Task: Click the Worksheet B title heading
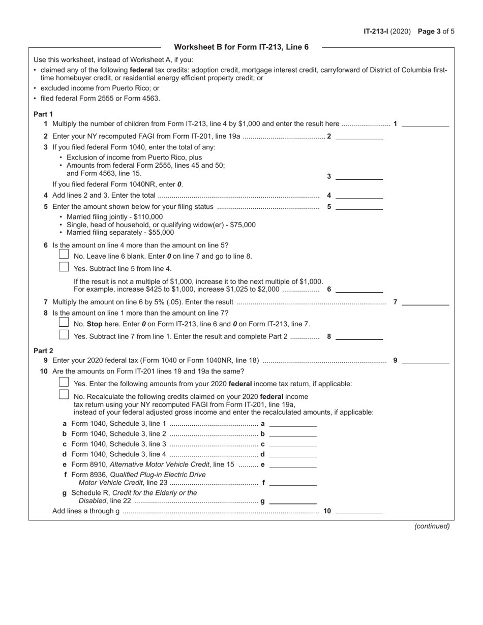coord(241,47)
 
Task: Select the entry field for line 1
coord(426,123)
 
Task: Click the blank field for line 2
coord(359,136)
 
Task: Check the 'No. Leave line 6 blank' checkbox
coord(64,254)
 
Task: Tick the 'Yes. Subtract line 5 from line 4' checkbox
coord(64,267)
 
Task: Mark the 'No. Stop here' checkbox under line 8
coord(64,322)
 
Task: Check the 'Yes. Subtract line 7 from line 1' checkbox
coord(64,334)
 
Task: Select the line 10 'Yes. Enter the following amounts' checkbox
coord(64,382)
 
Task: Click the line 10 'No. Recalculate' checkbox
coord(64,394)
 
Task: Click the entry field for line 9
coord(426,360)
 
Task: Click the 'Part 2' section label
coord(43,351)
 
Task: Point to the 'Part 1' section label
coord(43,114)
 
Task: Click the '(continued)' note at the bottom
coord(432,526)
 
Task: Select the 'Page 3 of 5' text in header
coord(436,31)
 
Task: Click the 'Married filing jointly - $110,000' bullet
coord(114,216)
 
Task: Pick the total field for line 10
coord(359,511)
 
